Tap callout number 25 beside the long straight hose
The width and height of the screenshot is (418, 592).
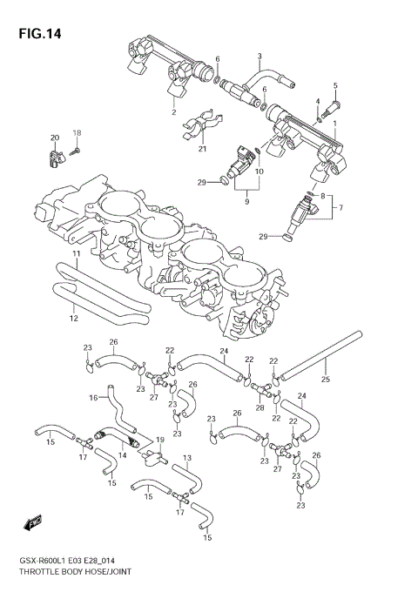325,380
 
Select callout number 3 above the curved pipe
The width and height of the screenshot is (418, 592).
259,57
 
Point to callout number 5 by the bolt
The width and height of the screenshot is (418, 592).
335,85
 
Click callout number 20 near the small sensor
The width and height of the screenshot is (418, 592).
54,138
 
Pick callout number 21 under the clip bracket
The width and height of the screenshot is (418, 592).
202,149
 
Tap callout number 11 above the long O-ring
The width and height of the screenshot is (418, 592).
76,253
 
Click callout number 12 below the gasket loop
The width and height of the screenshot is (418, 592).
73,319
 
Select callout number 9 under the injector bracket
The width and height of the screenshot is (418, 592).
246,202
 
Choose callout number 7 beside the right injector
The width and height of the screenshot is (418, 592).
341,207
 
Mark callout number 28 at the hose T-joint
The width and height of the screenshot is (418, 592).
260,407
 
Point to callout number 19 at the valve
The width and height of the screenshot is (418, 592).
159,441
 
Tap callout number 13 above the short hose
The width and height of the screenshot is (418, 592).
186,457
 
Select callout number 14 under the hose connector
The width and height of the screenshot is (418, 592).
122,454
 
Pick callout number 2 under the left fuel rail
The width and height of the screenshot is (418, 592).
173,112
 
